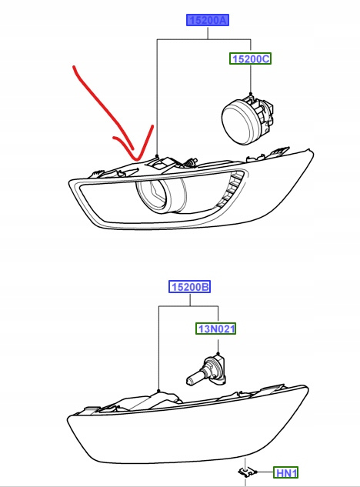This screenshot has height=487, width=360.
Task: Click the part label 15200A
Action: coord(208,20)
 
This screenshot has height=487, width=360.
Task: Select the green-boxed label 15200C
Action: coord(250,58)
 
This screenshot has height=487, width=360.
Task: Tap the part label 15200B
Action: coord(189,286)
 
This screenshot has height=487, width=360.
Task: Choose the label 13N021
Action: coord(216,329)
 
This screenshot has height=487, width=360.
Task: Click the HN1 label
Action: coord(285,473)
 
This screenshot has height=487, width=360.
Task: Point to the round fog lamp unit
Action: coord(247,119)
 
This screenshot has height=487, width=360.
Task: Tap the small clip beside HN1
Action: coord(247,472)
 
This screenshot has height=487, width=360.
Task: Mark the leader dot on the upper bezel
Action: coord(158,155)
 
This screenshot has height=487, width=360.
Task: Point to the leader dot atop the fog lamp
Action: coord(251,94)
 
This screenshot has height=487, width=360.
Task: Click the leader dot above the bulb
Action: coord(218,353)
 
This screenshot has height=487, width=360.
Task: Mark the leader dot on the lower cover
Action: coord(158,390)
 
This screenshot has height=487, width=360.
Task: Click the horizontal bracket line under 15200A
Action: coord(204,39)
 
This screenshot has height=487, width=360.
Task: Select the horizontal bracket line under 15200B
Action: coord(188,306)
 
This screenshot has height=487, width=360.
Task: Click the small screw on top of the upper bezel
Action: coord(191,162)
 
